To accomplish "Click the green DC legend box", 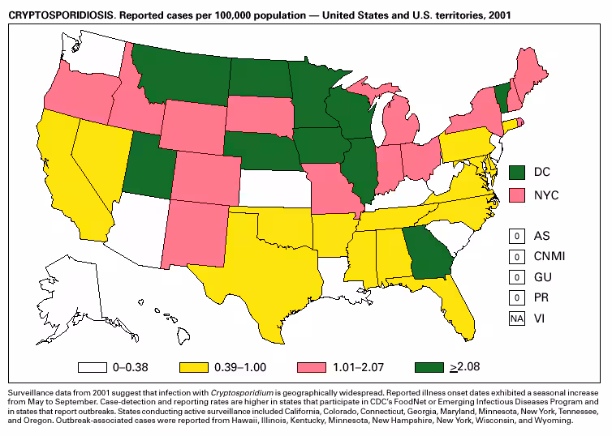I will (x=516, y=172).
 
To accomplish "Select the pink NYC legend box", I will (x=516, y=194).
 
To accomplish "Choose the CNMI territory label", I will (x=550, y=257).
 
